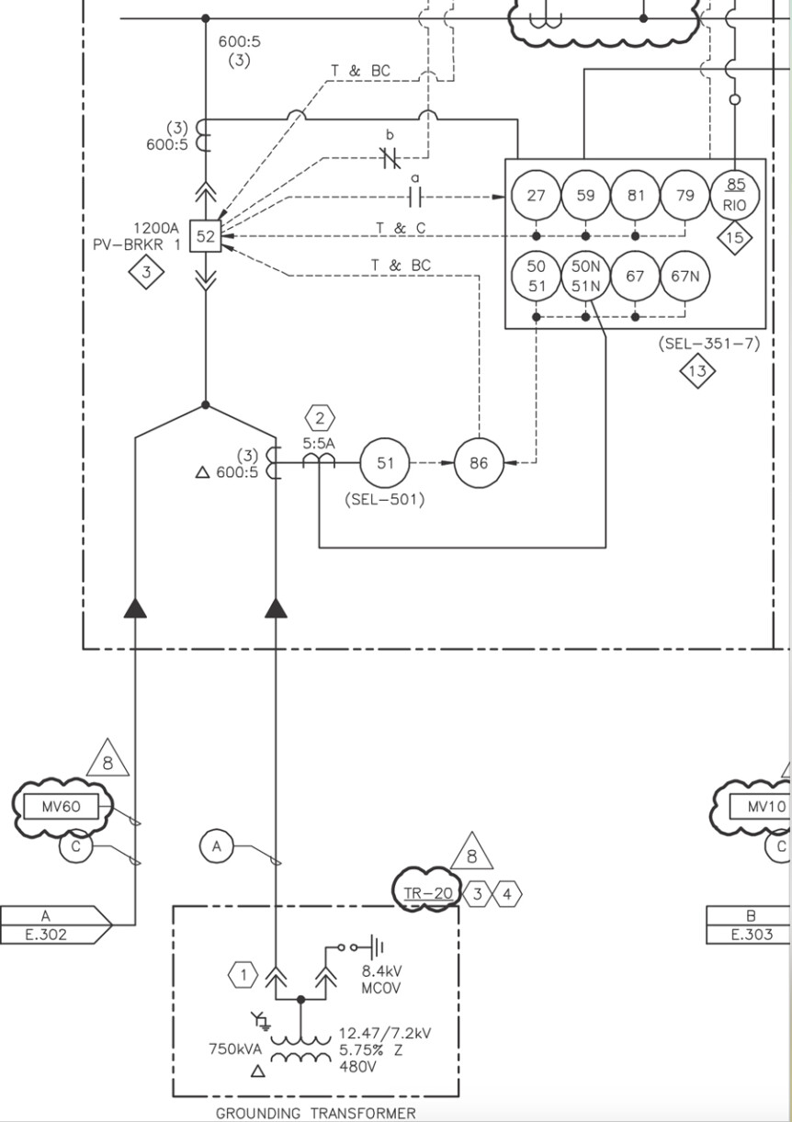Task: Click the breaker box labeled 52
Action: pyautogui.click(x=205, y=236)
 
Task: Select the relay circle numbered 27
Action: pyautogui.click(x=536, y=195)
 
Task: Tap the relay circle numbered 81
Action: pyautogui.click(x=636, y=195)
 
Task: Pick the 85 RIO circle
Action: pyautogui.click(x=735, y=195)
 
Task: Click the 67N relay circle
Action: pyautogui.click(x=685, y=275)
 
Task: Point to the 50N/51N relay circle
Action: pyautogui.click(x=586, y=275)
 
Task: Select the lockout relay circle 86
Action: pyautogui.click(x=479, y=463)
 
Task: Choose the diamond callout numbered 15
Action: pyautogui.click(x=735, y=238)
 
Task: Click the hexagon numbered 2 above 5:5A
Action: pyautogui.click(x=320, y=419)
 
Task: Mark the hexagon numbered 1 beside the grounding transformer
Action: pyautogui.click(x=243, y=974)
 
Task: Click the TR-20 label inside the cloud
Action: pyautogui.click(x=428, y=893)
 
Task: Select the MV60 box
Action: pyautogui.click(x=62, y=807)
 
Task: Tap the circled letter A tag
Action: pyautogui.click(x=217, y=846)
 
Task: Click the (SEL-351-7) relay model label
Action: pyautogui.click(x=708, y=345)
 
